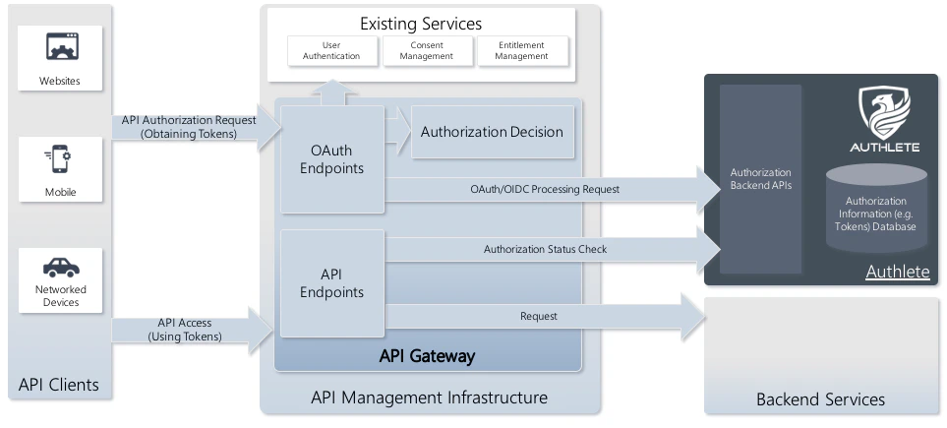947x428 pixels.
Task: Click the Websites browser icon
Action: click(61, 46)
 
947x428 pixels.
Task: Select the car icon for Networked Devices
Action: click(61, 267)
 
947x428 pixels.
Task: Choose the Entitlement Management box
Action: click(520, 51)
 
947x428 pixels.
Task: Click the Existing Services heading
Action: click(421, 23)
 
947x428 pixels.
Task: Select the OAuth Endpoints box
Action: click(330, 159)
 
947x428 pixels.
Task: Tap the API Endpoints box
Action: click(330, 283)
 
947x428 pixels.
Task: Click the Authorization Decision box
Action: click(492, 132)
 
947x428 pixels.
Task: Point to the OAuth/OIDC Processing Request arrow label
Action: click(544, 189)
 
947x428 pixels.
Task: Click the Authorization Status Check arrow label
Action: click(545, 249)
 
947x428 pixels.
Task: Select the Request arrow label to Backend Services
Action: click(538, 316)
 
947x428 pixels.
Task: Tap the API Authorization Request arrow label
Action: click(189, 127)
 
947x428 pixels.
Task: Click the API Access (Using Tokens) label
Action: click(185, 330)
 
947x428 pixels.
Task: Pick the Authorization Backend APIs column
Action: click(760, 179)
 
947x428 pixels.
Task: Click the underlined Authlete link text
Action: click(897, 272)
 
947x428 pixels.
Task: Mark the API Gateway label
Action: click(427, 356)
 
